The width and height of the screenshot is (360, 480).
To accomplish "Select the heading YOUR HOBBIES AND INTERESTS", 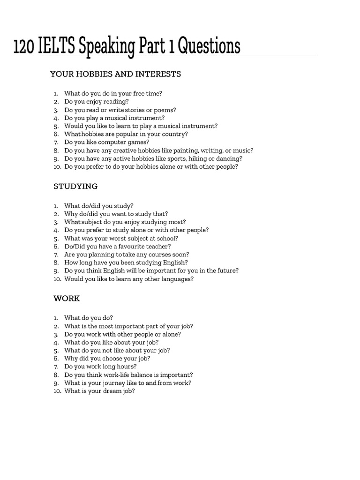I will pyautogui.click(x=115, y=74).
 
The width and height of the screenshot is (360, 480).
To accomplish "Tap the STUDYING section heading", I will pyautogui.click(x=75, y=186).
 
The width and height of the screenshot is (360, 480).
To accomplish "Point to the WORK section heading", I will pyautogui.click(x=67, y=298).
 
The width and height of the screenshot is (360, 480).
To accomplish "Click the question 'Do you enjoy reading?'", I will pyautogui.click(x=96, y=101).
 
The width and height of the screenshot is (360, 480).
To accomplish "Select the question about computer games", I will pyautogui.click(x=107, y=142).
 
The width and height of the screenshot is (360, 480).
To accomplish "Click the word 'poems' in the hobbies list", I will pyautogui.click(x=166, y=110).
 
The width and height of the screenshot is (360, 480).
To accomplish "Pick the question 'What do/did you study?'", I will pyautogui.click(x=98, y=205).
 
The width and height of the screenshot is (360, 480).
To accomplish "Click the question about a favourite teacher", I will pyautogui.click(x=117, y=246).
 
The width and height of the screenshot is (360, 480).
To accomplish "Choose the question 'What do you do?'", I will pyautogui.click(x=89, y=318).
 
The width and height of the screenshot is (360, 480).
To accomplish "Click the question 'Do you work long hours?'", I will pyautogui.click(x=100, y=367).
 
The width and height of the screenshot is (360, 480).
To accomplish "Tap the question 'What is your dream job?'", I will pyautogui.click(x=99, y=391).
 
